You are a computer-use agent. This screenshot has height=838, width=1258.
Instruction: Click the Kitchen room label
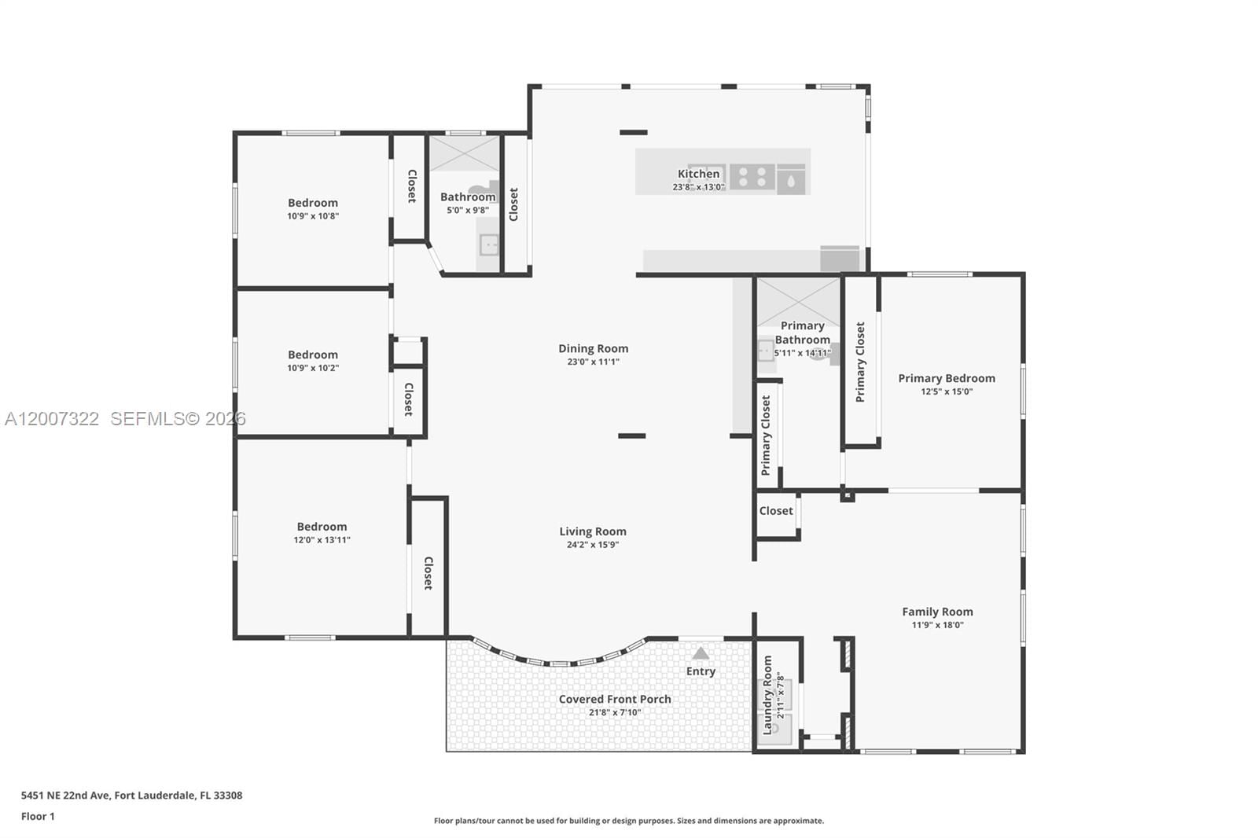(698, 174)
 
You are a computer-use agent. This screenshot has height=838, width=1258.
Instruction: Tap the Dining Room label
(593, 348)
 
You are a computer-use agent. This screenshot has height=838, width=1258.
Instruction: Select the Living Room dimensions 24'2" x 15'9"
(593, 545)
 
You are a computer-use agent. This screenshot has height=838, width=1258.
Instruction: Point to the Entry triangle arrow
(701, 653)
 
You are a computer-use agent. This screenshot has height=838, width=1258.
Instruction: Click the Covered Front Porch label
(615, 699)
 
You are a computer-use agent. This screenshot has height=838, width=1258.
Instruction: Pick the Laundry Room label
(768, 695)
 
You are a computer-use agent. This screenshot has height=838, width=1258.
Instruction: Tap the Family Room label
(937, 612)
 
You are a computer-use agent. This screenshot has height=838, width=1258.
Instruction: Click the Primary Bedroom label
(947, 378)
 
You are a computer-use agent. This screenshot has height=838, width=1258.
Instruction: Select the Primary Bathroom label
(802, 333)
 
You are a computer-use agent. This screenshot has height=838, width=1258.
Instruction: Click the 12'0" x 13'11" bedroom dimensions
(322, 540)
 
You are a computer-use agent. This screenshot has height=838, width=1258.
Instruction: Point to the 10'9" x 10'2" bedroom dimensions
(313, 368)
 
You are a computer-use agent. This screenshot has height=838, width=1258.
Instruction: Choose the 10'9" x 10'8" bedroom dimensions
(313, 216)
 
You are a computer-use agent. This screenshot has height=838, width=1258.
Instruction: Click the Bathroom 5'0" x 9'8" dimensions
(468, 211)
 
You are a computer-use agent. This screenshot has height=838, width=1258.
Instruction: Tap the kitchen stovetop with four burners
(752, 177)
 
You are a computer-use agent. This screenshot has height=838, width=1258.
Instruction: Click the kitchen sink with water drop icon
(791, 180)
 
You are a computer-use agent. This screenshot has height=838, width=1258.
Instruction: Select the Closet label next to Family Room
(776, 511)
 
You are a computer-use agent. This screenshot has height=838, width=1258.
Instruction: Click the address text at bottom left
(131, 795)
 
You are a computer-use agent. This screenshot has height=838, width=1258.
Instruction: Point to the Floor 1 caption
(38, 816)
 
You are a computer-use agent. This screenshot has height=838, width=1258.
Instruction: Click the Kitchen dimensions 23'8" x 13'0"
(698, 187)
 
